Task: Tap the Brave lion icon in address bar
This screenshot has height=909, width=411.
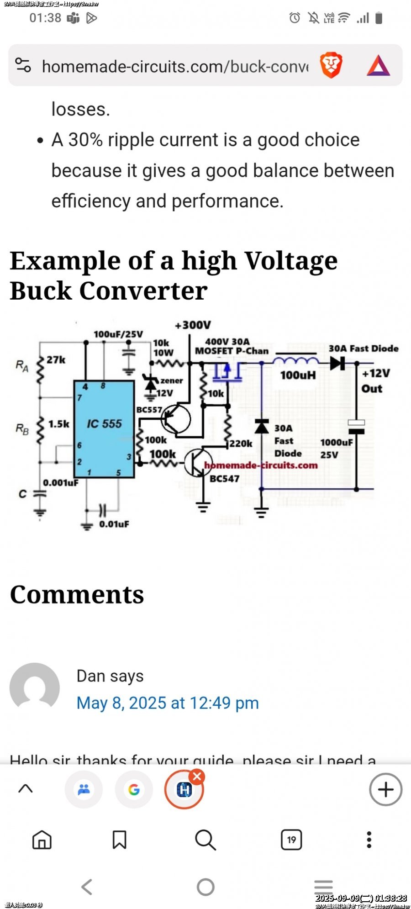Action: tap(331, 65)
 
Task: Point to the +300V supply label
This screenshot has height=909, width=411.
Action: tap(193, 325)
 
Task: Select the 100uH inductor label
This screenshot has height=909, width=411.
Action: tap(298, 375)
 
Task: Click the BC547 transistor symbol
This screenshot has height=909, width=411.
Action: tap(198, 463)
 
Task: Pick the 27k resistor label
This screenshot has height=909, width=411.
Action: tap(56, 360)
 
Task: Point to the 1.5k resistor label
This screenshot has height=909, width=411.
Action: tap(59, 424)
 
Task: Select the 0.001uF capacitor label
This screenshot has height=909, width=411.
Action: tap(61, 482)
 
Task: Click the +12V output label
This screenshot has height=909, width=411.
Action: tap(376, 373)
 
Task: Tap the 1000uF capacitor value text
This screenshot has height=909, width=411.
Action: tap(337, 442)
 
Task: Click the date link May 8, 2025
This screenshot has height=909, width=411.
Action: tap(168, 703)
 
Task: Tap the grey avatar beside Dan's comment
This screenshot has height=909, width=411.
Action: tap(35, 687)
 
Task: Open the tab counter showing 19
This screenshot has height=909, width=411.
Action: tap(291, 840)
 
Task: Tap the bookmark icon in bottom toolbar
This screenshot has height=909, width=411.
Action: tap(120, 840)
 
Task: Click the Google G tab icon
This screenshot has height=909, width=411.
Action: tap(134, 789)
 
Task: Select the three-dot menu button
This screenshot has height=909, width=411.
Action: tap(369, 840)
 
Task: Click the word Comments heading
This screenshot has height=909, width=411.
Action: tap(77, 594)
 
